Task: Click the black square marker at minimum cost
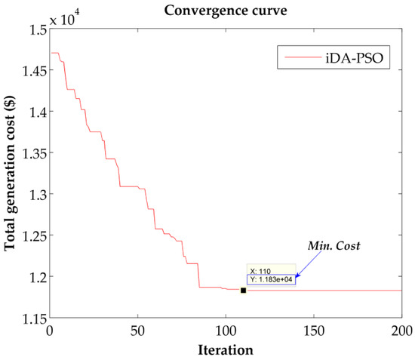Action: (243, 290)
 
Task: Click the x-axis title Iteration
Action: (225, 350)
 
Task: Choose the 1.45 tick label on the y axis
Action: (31, 71)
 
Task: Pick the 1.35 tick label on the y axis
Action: (31, 153)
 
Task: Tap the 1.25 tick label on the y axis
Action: (31, 235)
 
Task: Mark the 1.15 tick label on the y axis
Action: (31, 318)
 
